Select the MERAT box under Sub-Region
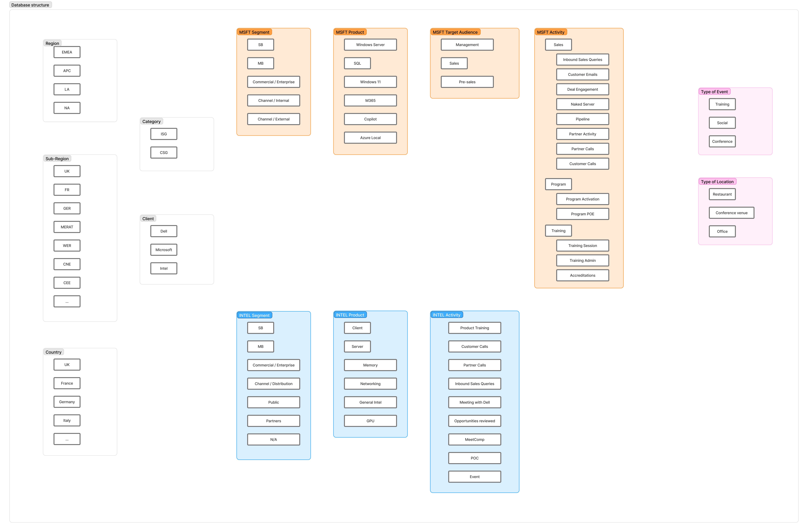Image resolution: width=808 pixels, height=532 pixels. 67,227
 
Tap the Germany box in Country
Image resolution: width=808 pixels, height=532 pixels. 67,402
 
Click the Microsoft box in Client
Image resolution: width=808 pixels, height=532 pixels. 164,250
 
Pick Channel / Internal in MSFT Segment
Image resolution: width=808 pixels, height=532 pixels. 274,100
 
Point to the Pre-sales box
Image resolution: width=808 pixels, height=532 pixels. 467,82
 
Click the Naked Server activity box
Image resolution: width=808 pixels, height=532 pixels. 583,104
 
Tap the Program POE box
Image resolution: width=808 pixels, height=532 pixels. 583,214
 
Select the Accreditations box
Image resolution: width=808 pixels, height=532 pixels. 583,275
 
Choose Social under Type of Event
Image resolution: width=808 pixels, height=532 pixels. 722,123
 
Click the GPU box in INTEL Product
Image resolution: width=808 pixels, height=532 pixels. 370,421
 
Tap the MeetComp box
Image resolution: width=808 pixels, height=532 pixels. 475,439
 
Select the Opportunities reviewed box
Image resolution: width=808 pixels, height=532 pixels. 475,421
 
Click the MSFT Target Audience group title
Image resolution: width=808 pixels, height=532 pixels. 455,32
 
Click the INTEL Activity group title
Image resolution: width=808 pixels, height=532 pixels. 446,315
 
